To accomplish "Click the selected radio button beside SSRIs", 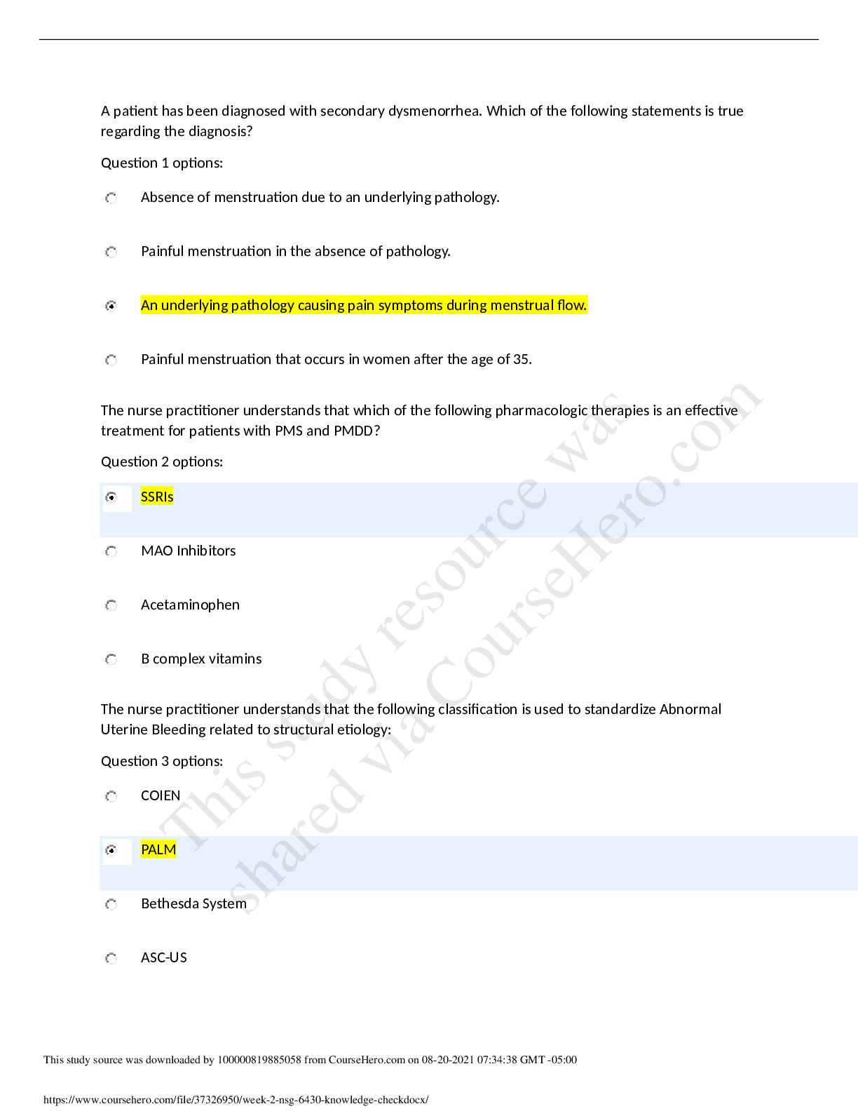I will [111, 497].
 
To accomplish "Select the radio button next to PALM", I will [111, 851].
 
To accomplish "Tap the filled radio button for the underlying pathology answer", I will [111, 306].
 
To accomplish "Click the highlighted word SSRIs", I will [157, 497].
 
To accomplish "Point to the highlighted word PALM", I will [158, 850].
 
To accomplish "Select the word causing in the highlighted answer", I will [321, 306].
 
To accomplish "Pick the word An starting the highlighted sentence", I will [149, 306].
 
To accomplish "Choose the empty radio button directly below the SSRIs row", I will [111, 552].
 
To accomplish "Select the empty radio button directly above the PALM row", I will [111, 797].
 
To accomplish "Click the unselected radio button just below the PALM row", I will [111, 905].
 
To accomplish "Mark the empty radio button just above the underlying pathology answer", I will [111, 252].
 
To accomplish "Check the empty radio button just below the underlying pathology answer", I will [111, 361].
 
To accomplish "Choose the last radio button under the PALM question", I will [111, 959].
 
